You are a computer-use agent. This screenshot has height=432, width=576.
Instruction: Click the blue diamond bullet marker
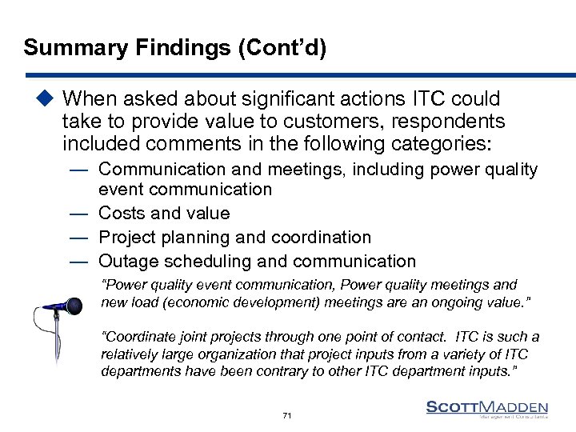point(46,99)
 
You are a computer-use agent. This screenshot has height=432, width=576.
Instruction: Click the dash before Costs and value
point(78,214)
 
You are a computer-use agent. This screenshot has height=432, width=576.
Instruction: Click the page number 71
point(287,415)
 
